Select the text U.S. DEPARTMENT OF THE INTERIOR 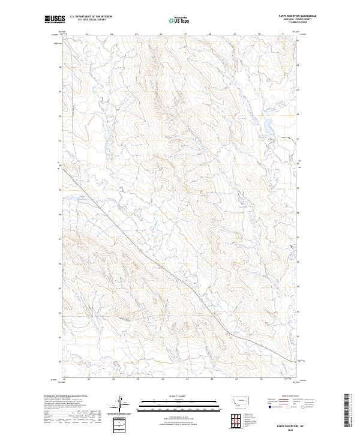91,17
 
